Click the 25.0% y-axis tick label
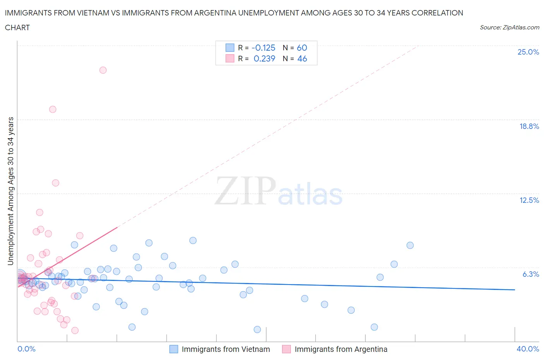click(x=528, y=52)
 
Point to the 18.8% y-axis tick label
click(x=529, y=126)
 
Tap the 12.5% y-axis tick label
click(x=529, y=200)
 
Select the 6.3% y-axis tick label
click(x=530, y=274)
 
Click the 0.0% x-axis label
click(x=26, y=349)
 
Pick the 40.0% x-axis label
click(x=528, y=349)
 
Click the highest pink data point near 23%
click(x=103, y=70)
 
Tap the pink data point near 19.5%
click(x=53, y=109)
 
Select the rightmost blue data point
click(x=410, y=245)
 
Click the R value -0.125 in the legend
click(x=263, y=48)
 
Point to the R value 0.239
click(x=264, y=58)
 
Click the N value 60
click(x=302, y=48)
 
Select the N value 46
click(x=302, y=58)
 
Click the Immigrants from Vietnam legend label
click(x=226, y=349)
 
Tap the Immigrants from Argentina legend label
click(x=340, y=349)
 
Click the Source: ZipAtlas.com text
click(x=509, y=27)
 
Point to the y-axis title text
click(x=11, y=191)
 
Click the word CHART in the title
click(x=17, y=27)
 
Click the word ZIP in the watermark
click(x=245, y=191)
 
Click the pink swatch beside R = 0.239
click(x=230, y=58)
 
